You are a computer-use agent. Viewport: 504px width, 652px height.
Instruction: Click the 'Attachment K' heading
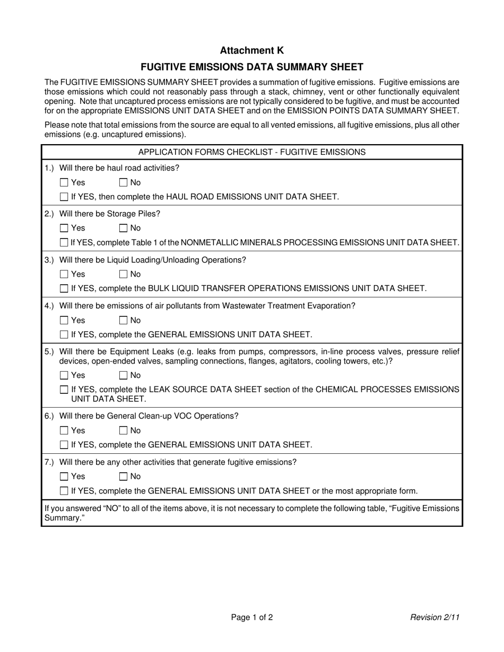(x=251, y=50)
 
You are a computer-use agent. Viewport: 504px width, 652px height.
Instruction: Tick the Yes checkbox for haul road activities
(x=64, y=183)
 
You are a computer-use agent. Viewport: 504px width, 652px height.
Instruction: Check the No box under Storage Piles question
(x=123, y=228)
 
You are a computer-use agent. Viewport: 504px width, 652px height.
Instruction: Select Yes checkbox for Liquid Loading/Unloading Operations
(x=64, y=275)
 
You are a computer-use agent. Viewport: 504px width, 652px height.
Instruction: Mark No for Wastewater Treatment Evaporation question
(x=123, y=321)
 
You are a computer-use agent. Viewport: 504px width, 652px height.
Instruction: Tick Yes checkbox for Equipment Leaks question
(x=64, y=376)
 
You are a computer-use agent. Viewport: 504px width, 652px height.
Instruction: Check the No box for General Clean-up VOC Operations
(x=123, y=431)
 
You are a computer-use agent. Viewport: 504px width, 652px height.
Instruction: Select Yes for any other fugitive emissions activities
(x=64, y=477)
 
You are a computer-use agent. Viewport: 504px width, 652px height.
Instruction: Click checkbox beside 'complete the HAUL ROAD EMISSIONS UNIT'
(x=64, y=197)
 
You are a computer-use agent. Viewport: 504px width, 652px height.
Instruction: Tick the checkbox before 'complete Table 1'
(x=64, y=243)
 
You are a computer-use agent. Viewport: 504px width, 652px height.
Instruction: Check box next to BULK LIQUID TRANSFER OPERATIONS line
(x=64, y=289)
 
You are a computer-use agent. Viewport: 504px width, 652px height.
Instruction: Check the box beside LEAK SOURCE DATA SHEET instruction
(x=64, y=390)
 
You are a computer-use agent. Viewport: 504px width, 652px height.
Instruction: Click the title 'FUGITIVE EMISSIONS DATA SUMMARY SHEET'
(x=251, y=67)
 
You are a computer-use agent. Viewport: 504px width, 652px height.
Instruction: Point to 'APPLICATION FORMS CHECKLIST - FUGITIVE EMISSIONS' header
(x=251, y=152)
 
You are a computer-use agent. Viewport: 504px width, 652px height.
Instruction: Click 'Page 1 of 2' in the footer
(x=251, y=617)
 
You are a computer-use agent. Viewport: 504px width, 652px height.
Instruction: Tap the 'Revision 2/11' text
(x=435, y=617)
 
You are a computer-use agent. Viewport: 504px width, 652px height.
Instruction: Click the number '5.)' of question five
(x=49, y=351)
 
